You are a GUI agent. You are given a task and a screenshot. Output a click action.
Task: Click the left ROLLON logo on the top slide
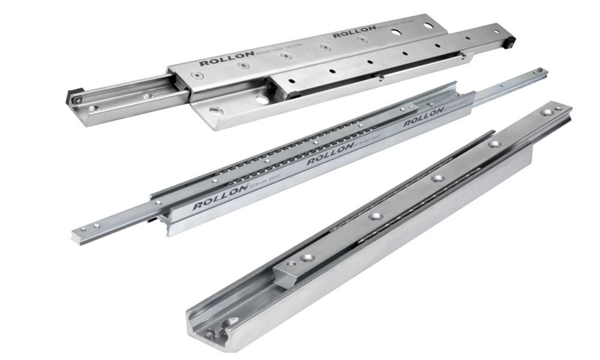219,61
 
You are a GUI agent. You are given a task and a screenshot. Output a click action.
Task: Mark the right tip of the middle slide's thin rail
543,71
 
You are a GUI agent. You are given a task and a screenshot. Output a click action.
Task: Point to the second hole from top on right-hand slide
493,144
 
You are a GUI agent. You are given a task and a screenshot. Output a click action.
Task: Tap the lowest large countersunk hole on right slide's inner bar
308,257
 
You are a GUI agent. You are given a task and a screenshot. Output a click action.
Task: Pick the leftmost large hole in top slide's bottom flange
215,111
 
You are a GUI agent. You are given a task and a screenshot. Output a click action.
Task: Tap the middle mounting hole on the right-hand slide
437,178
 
